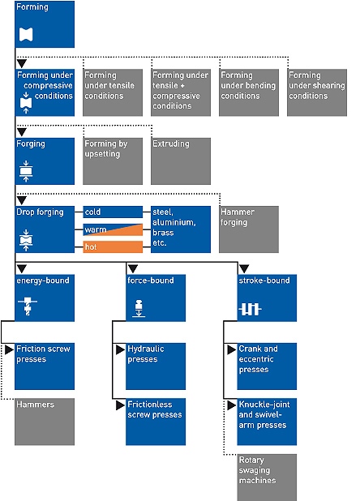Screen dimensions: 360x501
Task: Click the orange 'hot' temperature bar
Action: coord(113,246)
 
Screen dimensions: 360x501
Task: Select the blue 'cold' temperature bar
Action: coord(113,212)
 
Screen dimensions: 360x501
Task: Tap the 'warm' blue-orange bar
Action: coord(113,229)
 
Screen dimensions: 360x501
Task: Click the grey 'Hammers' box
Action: coord(45,422)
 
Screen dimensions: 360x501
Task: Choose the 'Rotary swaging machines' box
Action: coord(267,477)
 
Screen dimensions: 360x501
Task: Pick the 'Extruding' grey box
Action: coord(181,161)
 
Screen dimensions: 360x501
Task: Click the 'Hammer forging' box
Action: coord(249,229)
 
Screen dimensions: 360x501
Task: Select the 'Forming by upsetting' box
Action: coord(113,161)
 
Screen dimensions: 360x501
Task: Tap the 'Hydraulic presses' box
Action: coord(156,366)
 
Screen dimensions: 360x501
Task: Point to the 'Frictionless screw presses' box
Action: coord(156,422)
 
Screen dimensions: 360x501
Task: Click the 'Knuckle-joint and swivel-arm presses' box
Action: coord(267,422)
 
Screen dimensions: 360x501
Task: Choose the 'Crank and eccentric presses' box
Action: coord(267,366)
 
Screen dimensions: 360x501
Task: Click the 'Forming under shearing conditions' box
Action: coord(317,92)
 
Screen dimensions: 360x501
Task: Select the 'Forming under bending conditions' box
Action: coord(249,92)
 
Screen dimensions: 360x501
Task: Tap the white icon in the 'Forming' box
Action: coord(26,35)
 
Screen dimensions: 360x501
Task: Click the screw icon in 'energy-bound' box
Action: coord(28,306)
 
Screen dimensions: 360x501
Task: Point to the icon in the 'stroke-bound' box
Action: coord(250,310)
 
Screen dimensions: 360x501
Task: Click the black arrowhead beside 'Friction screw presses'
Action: coord(9,349)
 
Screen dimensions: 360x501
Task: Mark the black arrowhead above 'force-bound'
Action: coord(132,268)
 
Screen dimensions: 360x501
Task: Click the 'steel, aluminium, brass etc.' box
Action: coord(181,229)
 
